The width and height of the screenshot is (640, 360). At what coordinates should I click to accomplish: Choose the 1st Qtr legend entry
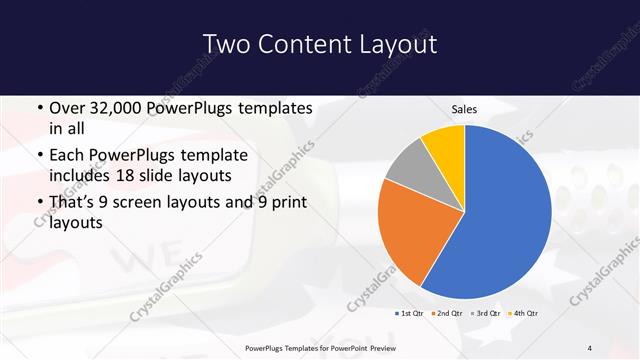point(410,314)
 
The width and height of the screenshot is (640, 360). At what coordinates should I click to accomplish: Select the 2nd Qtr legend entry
point(446,314)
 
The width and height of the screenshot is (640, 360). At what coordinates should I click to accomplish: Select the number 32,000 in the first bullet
point(117,107)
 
